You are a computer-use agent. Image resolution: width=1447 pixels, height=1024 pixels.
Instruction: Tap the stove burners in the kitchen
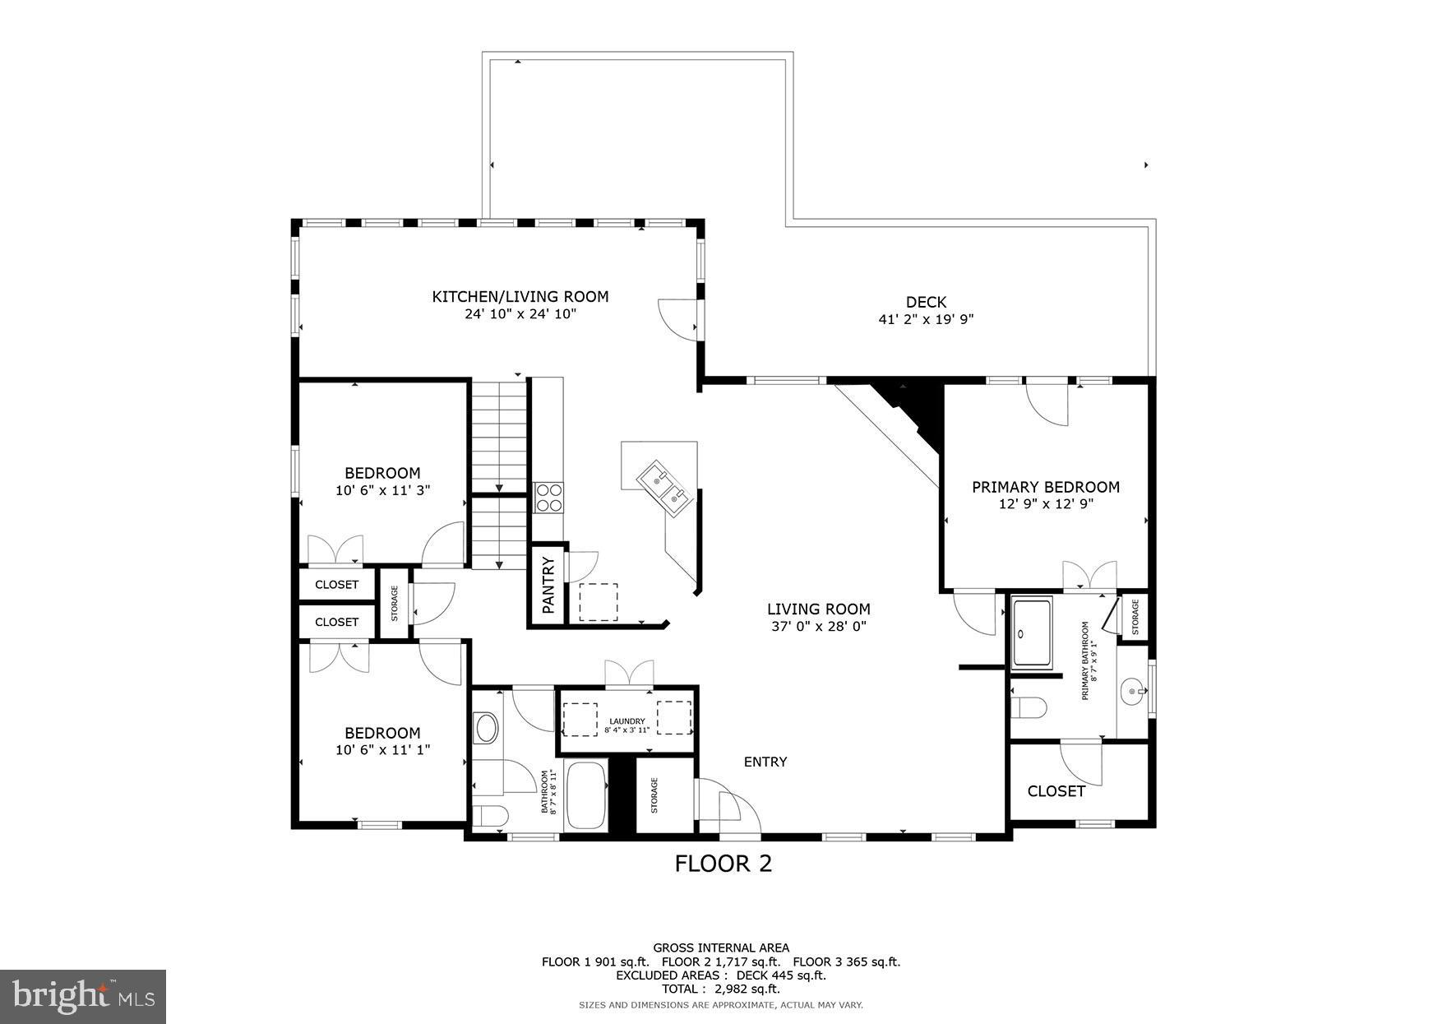[x=548, y=498]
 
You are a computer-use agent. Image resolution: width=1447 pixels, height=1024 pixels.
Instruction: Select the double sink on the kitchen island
[x=666, y=485]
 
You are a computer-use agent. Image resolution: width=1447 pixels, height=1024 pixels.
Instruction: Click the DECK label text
[x=926, y=302]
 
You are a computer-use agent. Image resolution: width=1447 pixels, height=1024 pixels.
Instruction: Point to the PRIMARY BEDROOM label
[x=1046, y=487]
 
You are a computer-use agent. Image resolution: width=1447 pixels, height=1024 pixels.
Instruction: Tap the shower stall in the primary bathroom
[x=1032, y=632]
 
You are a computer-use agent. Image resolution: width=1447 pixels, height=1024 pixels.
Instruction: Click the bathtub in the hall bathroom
[x=585, y=796]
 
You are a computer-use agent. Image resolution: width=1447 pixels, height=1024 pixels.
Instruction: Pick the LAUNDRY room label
[x=627, y=721]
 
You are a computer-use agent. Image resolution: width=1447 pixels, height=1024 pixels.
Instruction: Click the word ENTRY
[x=765, y=762]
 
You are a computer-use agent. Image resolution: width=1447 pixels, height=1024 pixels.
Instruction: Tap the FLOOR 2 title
[x=723, y=864]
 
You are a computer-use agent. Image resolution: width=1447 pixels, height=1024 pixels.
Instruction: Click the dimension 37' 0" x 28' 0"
[x=818, y=627]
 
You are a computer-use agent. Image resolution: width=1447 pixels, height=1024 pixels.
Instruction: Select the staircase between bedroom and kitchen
[x=498, y=473]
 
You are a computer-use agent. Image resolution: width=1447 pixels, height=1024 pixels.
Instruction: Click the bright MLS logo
[x=83, y=997]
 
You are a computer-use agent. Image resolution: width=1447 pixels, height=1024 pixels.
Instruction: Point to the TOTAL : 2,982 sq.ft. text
[x=721, y=989]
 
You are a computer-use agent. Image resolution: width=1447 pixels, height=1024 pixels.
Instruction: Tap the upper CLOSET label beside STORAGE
[x=336, y=585]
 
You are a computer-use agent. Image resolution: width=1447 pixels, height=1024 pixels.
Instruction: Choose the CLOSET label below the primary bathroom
[x=1056, y=791]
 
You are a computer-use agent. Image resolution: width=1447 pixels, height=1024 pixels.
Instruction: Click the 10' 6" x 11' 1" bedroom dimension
[x=382, y=750]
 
